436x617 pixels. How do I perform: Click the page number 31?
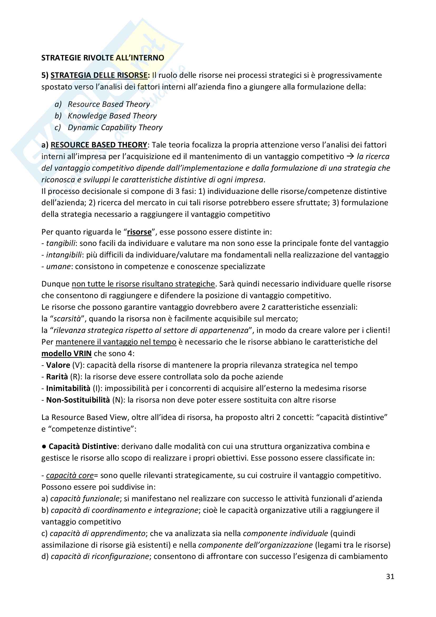(390, 576)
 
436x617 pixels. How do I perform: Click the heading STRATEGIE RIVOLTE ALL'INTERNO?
(103, 58)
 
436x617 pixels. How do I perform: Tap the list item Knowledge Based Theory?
(112, 116)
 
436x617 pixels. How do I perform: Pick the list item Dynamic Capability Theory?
(115, 127)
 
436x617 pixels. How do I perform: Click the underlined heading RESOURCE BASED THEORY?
(99, 145)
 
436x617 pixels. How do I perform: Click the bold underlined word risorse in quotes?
(139, 232)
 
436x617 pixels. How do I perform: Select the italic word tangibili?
(61, 243)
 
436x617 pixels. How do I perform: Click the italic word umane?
(58, 266)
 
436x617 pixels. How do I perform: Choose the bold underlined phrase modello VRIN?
(66, 353)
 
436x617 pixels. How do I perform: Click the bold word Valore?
(58, 365)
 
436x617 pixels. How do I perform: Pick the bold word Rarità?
(57, 377)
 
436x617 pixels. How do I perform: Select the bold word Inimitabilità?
(68, 388)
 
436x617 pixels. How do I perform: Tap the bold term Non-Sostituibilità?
(78, 400)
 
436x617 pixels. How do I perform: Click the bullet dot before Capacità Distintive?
(44, 446)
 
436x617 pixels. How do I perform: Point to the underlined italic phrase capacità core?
(70, 475)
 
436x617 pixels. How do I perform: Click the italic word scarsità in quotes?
(67, 319)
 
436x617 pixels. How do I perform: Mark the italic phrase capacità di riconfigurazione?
(100, 556)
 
